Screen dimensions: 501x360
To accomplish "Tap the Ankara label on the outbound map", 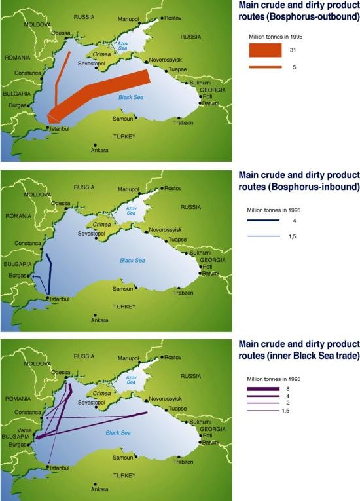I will pyautogui.click(x=99, y=151).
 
